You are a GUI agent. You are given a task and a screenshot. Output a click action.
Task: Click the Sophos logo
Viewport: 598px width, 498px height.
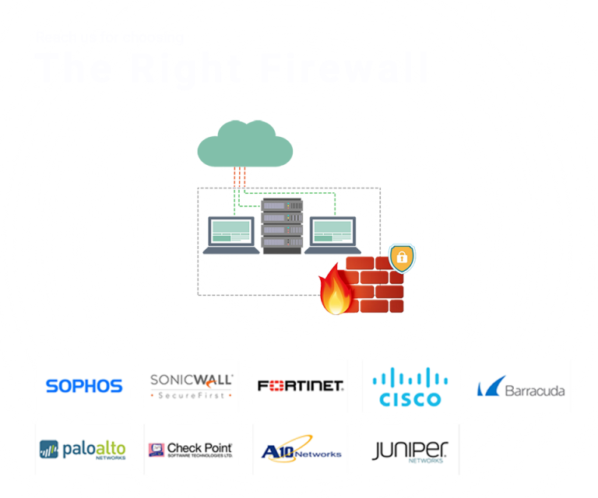(x=84, y=386)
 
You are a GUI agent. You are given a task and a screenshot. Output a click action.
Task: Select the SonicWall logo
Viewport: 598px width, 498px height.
(x=192, y=385)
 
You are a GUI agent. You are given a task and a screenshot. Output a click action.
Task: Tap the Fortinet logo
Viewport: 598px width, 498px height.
(x=301, y=385)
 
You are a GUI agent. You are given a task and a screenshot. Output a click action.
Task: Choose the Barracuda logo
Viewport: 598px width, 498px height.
(x=521, y=388)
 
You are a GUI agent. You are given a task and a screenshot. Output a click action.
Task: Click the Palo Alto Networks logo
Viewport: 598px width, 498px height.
(x=83, y=450)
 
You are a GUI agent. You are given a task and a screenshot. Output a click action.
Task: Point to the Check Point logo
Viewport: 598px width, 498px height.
(x=191, y=449)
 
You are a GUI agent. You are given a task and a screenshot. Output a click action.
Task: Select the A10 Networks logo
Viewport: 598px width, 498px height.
(x=301, y=450)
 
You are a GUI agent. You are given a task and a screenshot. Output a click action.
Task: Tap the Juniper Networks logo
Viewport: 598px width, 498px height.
(x=410, y=451)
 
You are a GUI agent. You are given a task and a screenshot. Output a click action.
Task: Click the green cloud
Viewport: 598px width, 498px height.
(x=244, y=146)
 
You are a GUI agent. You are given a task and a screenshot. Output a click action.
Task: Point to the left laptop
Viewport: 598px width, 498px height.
(x=231, y=235)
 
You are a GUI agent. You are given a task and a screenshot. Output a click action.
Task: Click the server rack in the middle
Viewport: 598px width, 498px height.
(x=282, y=226)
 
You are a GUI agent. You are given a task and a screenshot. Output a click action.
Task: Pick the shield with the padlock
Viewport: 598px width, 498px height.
(x=402, y=258)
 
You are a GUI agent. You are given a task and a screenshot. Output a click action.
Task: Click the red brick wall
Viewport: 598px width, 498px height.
(x=378, y=286)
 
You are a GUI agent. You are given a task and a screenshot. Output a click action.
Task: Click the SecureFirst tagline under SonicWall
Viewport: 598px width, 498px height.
(x=192, y=395)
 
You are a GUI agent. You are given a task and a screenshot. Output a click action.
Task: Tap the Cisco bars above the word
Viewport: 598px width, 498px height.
(x=410, y=377)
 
